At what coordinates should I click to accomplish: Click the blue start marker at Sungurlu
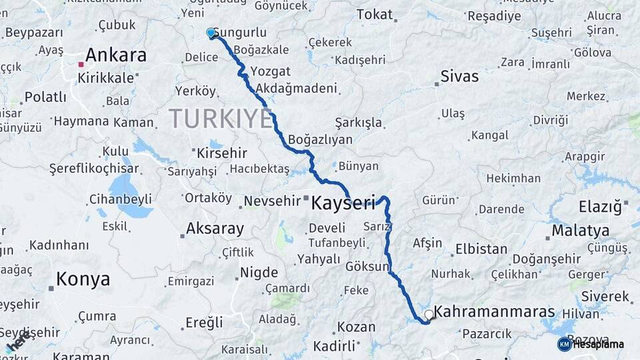211,33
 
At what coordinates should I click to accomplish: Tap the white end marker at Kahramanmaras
429,313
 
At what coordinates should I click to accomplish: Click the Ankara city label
115,55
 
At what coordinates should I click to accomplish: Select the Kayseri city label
343,203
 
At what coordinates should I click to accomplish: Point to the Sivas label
459,76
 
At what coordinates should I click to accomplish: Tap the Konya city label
83,279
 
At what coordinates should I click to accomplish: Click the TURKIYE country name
221,119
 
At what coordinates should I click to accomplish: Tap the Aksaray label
214,229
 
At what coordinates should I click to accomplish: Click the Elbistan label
481,249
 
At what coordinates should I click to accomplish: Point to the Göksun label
367,266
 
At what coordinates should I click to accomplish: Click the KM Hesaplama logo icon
564,344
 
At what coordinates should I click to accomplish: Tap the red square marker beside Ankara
81,65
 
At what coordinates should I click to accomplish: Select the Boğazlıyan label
321,140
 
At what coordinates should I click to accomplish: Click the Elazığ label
600,206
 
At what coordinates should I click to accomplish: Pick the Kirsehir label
222,153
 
